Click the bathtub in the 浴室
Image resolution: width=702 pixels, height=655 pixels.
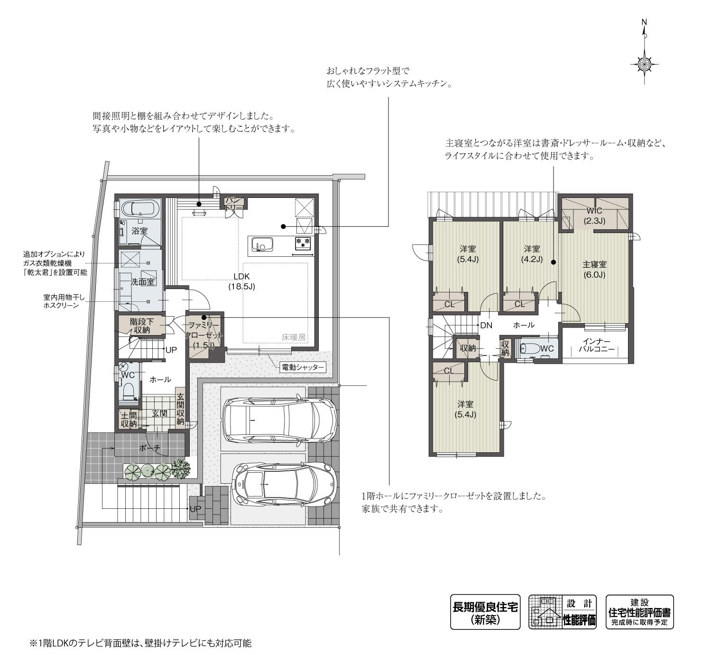[x=139, y=209]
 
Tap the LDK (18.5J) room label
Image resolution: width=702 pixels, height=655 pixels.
[x=241, y=281]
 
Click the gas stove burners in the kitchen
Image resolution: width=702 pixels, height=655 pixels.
[x=303, y=243]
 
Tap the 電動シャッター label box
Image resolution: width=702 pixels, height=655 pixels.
[x=303, y=367]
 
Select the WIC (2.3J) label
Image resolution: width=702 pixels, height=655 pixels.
[x=594, y=215]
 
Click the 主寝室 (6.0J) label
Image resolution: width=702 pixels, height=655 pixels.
[x=594, y=269]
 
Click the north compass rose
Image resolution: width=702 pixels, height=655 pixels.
[x=644, y=62]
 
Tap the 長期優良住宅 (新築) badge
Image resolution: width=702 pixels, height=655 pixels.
[x=485, y=612]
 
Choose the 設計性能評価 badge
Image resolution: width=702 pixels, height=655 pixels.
[x=563, y=612]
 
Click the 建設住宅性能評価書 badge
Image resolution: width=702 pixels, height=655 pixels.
[x=639, y=612]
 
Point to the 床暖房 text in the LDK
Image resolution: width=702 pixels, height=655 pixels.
[x=294, y=337]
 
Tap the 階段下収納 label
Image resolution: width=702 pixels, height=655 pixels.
[x=141, y=325]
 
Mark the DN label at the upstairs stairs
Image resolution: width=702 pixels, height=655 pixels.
[x=486, y=325]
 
